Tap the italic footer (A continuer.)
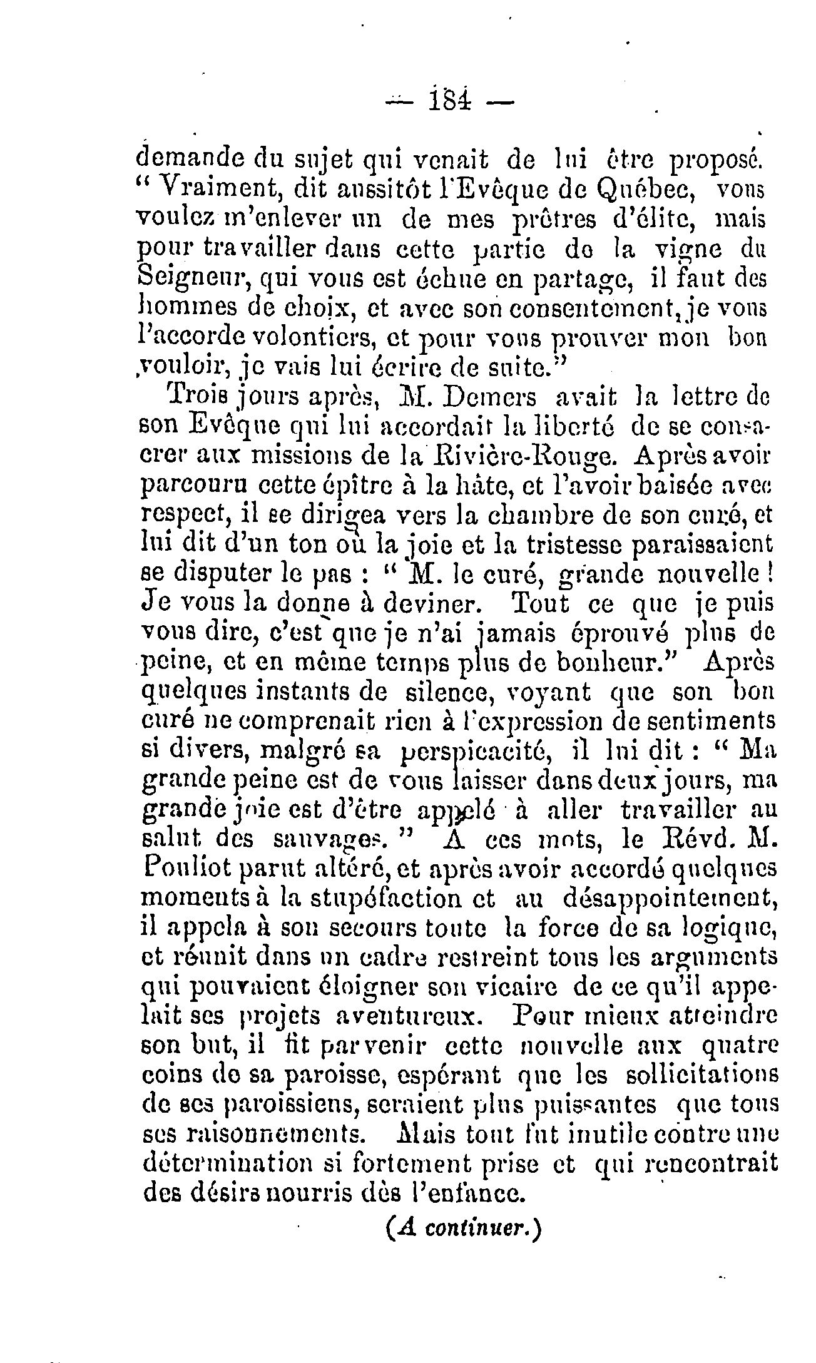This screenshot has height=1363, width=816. [x=462, y=1227]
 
